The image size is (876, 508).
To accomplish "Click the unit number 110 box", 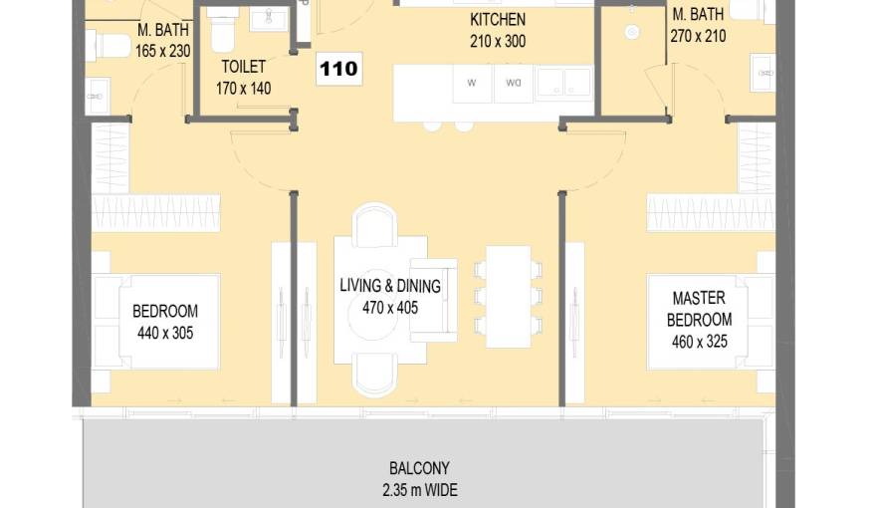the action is point(339,69).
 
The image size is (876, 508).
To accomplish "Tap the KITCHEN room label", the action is point(498,20).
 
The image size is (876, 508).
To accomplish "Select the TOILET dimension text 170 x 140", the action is point(244,89).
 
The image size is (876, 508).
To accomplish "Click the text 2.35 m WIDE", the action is point(420,490).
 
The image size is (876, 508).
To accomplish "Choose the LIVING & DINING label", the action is point(390,286).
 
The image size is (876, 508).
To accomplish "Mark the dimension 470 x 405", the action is point(390,308).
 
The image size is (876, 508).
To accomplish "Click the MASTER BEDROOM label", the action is point(699,309).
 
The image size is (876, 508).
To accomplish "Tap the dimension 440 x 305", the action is point(165,333).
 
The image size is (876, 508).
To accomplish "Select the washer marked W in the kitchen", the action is point(472,84).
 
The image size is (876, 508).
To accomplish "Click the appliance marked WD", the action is point(514,84).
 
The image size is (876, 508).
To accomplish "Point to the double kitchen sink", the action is point(563,84).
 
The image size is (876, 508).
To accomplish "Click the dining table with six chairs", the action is point(508,296).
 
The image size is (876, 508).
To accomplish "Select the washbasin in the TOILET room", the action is point(269,19).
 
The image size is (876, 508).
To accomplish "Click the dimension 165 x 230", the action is point(163,52).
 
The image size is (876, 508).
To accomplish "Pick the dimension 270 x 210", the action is point(699,36).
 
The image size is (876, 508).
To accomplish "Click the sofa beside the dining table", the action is point(434,300).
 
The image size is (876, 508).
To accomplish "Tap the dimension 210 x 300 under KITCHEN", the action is point(498,42).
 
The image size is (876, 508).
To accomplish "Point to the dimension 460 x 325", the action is point(700,342).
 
